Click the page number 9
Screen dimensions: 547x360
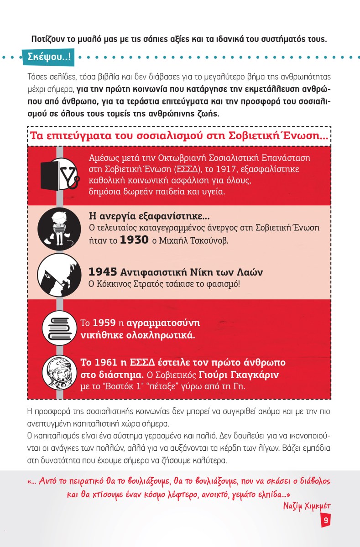(x=325, y=520)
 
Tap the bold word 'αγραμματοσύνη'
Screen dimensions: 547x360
(x=164, y=323)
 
